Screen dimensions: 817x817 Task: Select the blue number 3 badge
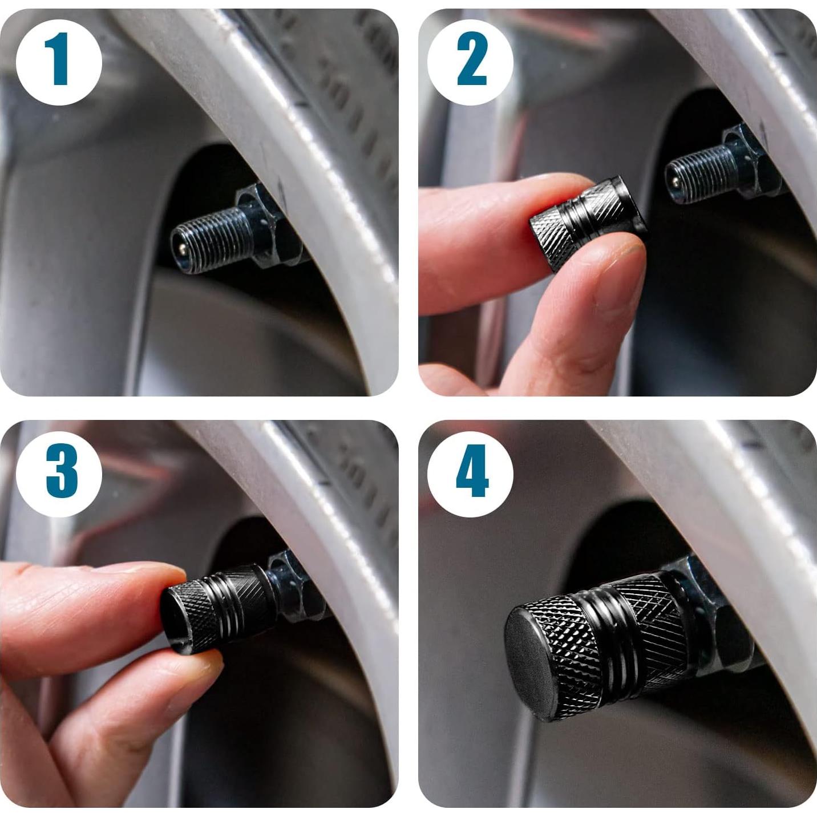click(59, 474)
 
